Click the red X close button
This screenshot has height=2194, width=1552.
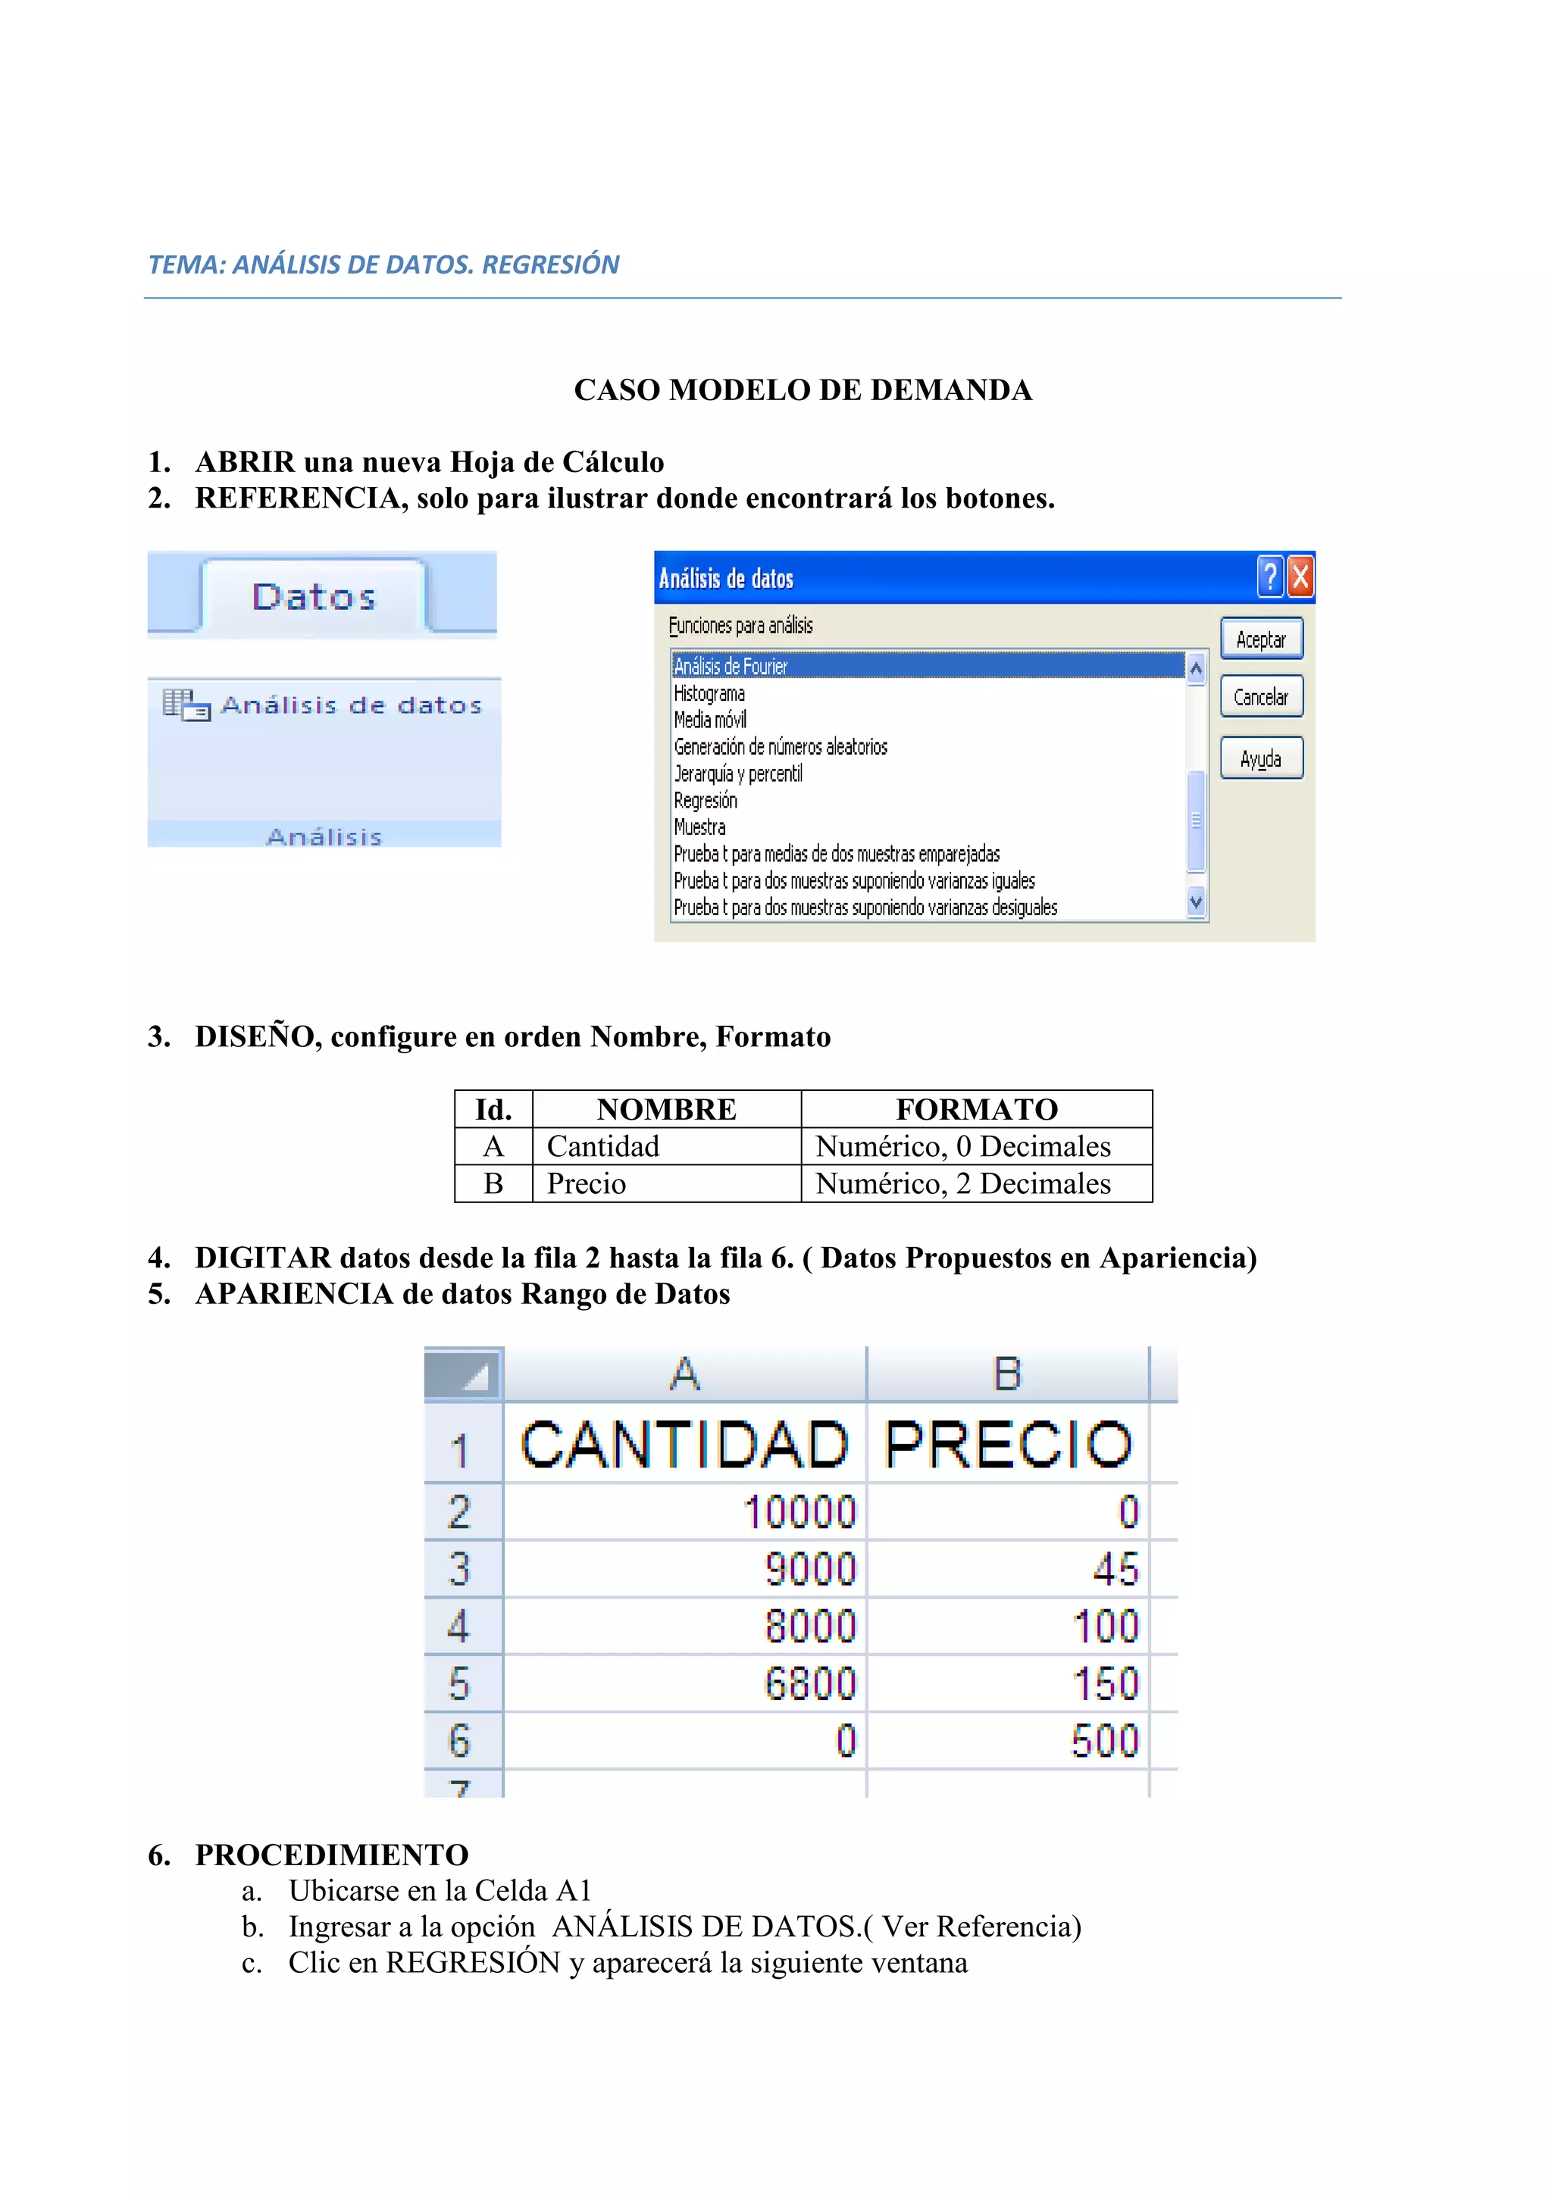tap(1300, 577)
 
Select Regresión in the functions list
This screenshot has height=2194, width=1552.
tap(706, 801)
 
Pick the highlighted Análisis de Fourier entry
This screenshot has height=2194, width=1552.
tap(731, 666)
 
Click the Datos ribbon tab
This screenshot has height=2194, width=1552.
tap(314, 597)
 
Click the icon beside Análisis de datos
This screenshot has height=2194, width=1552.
tap(186, 705)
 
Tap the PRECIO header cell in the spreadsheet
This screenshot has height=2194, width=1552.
tap(1007, 1444)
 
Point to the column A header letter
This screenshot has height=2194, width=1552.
tap(684, 1374)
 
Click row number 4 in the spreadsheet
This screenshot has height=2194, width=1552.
tap(460, 1627)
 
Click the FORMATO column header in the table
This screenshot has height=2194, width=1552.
tap(976, 1109)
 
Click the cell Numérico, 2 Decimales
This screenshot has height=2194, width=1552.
tap(962, 1184)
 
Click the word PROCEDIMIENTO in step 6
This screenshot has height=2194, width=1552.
tap(332, 1855)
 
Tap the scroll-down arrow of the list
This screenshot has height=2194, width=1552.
tap(1196, 901)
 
